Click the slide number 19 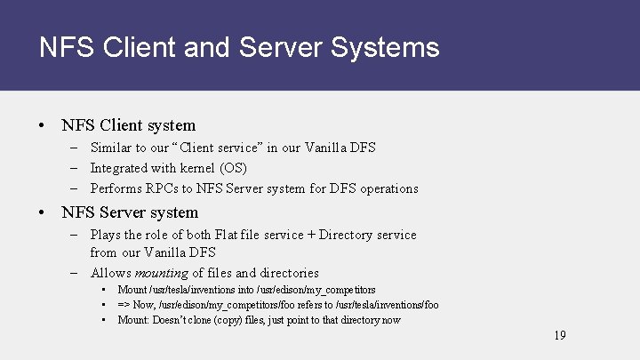(x=559, y=335)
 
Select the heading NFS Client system (x=129, y=125)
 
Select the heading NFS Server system (x=130, y=212)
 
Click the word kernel (x=178, y=168)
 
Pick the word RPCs (x=168, y=188)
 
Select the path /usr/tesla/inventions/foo (x=385, y=305)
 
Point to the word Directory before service (x=347, y=235)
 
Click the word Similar (x=112, y=147)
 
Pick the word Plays (x=106, y=235)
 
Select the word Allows (x=110, y=273)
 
